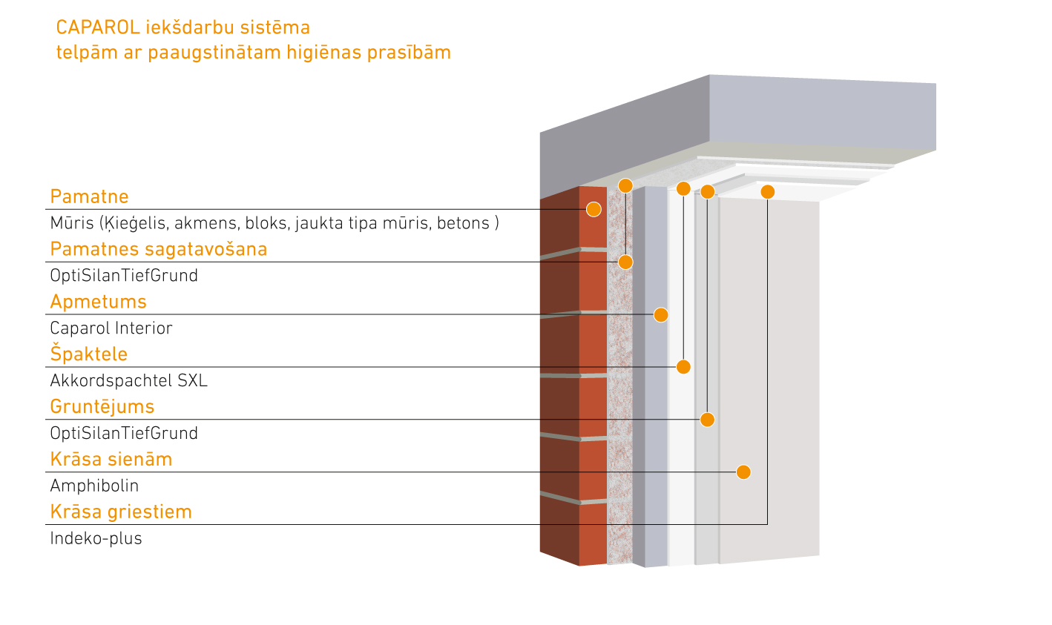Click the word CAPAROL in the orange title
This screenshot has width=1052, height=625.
pyautogui.click(x=98, y=27)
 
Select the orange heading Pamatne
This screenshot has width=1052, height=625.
pyautogui.click(x=89, y=196)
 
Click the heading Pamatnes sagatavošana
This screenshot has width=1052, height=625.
pyautogui.click(x=158, y=249)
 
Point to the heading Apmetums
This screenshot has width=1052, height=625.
pyautogui.click(x=98, y=302)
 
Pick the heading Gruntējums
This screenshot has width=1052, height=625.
pyautogui.click(x=102, y=407)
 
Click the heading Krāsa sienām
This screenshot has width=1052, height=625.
pyautogui.click(x=111, y=460)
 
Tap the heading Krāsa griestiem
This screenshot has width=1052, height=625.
pyautogui.click(x=121, y=512)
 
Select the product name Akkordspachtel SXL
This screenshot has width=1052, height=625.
pyautogui.click(x=128, y=380)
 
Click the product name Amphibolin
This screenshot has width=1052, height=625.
pyautogui.click(x=94, y=486)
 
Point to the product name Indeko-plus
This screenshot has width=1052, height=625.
pyautogui.click(x=96, y=538)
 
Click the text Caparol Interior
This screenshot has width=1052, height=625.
pyautogui.click(x=111, y=328)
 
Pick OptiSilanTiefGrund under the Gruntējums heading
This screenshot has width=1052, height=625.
pyautogui.click(x=124, y=433)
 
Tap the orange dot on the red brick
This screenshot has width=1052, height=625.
pyautogui.click(x=594, y=209)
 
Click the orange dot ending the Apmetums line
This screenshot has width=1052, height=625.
pyautogui.click(x=661, y=315)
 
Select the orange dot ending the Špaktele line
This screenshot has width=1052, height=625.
pyautogui.click(x=683, y=367)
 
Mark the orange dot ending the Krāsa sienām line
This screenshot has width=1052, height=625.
pyautogui.click(x=743, y=472)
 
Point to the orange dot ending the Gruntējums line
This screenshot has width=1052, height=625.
pyautogui.click(x=707, y=420)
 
